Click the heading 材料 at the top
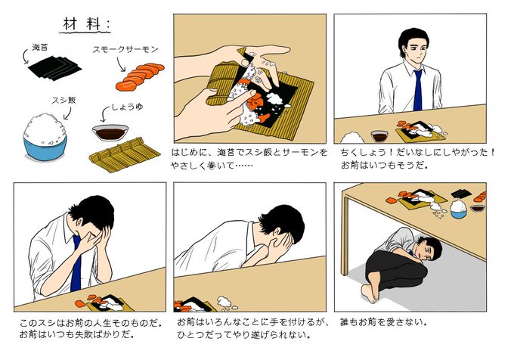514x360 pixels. (x=85, y=24)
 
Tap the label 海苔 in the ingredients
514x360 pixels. (x=40, y=48)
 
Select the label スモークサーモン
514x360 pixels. (x=125, y=50)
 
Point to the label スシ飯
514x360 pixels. (x=63, y=100)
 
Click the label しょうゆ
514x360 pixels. (x=127, y=107)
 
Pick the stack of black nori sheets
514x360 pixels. (x=54, y=68)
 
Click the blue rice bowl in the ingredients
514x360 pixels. (x=45, y=138)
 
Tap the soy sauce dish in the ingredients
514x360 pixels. (x=110, y=132)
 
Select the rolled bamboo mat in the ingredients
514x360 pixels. (x=125, y=155)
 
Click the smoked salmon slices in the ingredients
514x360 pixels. (x=140, y=76)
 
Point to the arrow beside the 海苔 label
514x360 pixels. (x=25, y=57)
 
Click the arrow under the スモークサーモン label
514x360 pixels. (x=121, y=64)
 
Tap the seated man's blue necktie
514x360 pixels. (x=417, y=91)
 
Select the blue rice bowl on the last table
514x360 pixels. (x=458, y=209)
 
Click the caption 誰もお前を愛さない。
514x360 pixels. (x=383, y=322)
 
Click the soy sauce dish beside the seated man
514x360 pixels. (x=379, y=135)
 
